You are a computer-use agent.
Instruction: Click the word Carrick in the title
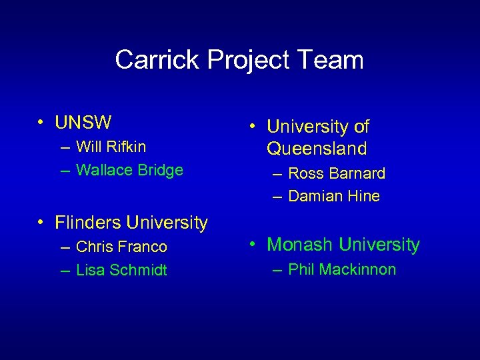(157, 60)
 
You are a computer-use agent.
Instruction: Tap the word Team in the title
(332, 60)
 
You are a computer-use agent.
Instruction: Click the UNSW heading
(83, 123)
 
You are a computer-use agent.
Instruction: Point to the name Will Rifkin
(111, 146)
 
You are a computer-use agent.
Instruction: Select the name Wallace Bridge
(129, 170)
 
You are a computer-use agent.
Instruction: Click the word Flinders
(88, 221)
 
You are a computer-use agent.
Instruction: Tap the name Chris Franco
(121, 247)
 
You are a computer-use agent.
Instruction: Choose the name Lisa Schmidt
(121, 270)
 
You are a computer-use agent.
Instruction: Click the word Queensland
(317, 148)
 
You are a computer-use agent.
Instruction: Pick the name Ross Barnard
(337, 173)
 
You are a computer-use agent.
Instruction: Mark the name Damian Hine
(334, 196)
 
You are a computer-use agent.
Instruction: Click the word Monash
(300, 245)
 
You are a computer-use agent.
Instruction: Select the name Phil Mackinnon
(342, 269)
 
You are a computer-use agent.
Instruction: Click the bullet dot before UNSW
(41, 123)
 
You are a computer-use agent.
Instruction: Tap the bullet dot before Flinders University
(41, 221)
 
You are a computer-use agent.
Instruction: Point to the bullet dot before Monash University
(253, 245)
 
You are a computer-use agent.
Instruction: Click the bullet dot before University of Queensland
(253, 126)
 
